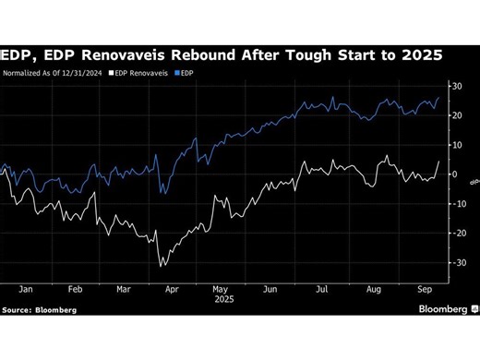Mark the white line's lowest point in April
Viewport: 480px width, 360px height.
click(x=162, y=266)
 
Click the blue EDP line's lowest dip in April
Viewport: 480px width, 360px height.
click(x=162, y=193)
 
